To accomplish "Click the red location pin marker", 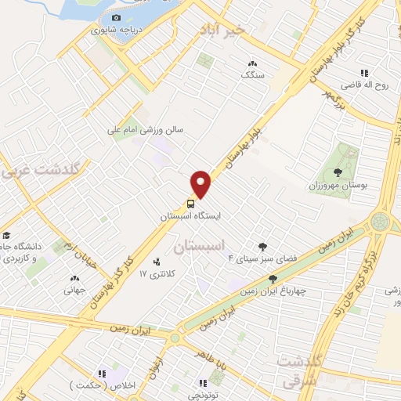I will click(x=201, y=184).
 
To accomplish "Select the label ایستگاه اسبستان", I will click(x=191, y=215).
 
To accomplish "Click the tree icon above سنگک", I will click(x=251, y=64).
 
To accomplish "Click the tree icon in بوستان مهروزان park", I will click(x=338, y=172).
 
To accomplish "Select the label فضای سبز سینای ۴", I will click(x=252, y=258).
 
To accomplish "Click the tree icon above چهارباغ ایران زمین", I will click(x=273, y=278).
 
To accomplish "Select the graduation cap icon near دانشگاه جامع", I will click(x=5, y=235).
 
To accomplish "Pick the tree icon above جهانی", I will click(x=75, y=277).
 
